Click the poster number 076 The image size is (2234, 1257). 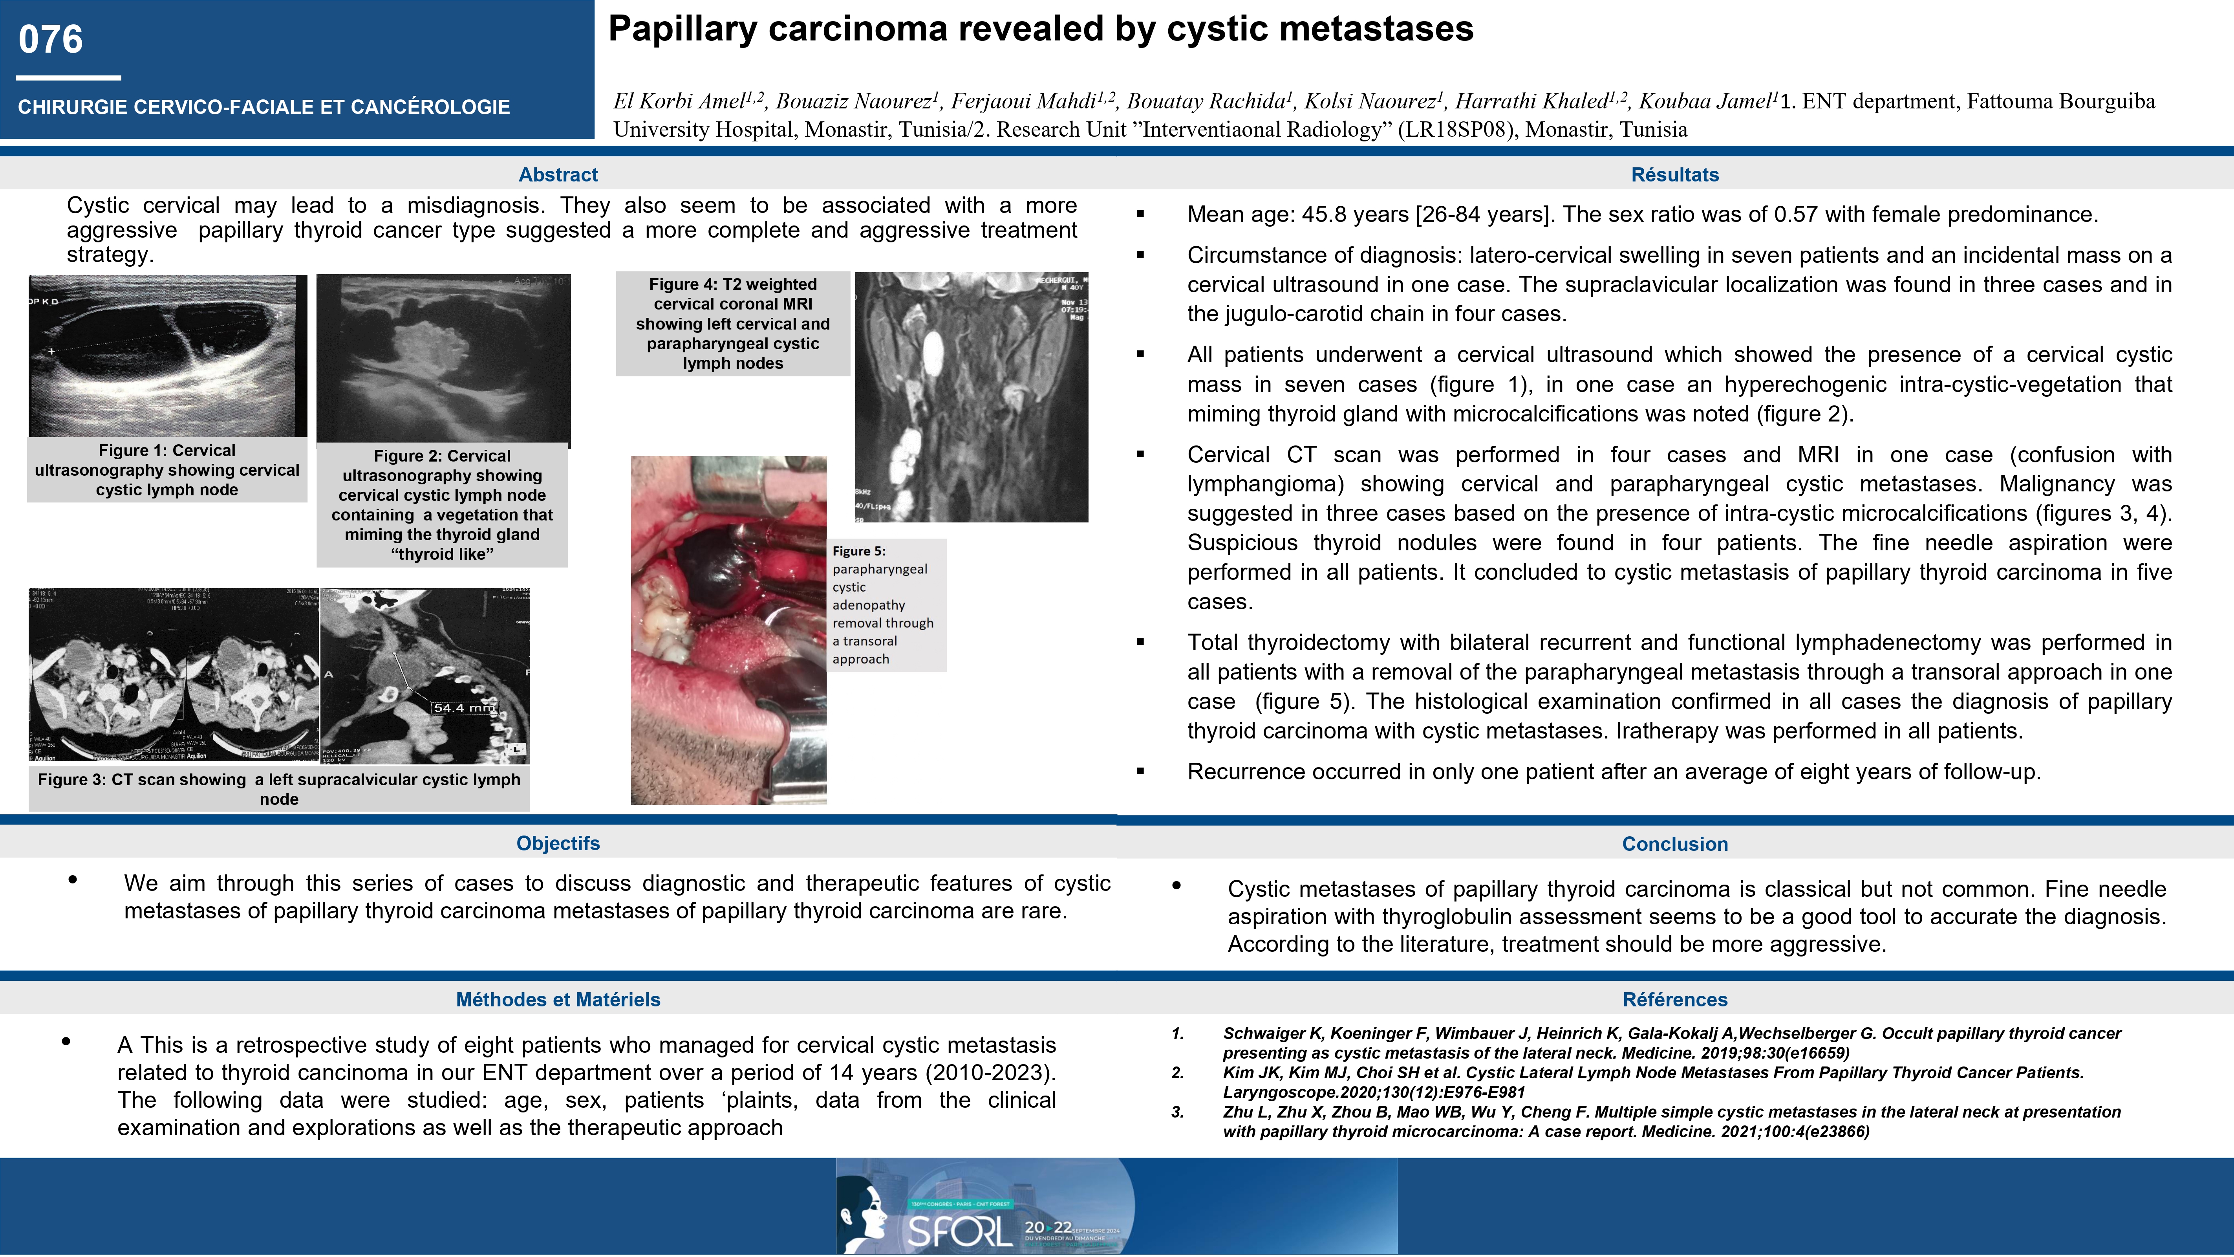point(50,40)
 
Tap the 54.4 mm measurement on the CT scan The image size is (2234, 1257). point(464,708)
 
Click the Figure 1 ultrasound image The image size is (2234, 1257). point(167,355)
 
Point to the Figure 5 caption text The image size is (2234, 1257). point(883,605)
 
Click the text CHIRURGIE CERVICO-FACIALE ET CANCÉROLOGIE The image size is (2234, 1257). point(263,107)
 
